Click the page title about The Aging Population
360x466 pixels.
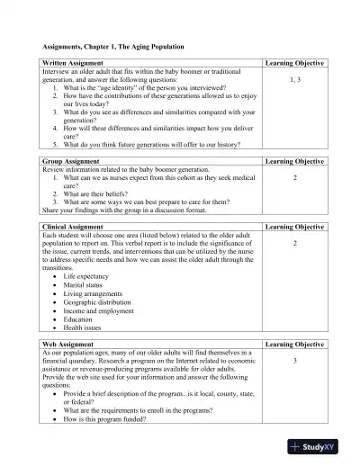[113, 46]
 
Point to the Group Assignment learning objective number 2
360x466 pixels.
[294, 177]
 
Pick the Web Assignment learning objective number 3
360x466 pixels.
[294, 361]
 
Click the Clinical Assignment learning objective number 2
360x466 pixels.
[294, 244]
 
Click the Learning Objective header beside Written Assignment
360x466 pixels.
[294, 63]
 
